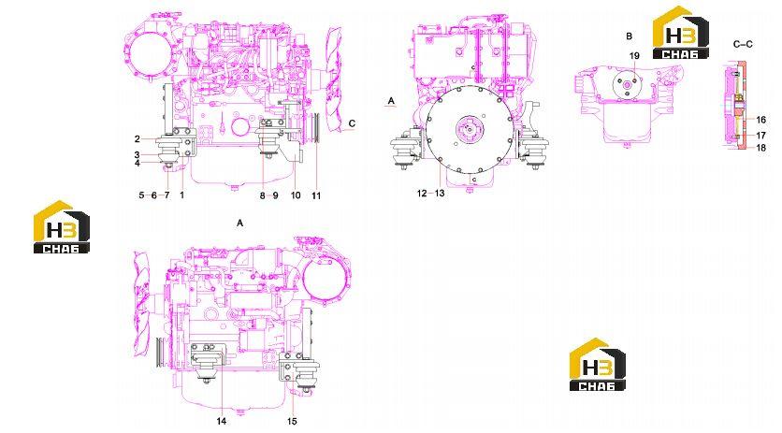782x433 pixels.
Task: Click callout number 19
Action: pyautogui.click(x=634, y=56)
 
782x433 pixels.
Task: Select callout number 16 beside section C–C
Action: pyautogui.click(x=760, y=120)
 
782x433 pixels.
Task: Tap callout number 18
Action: pyautogui.click(x=760, y=148)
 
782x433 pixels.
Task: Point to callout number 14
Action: pyautogui.click(x=222, y=422)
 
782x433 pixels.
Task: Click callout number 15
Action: pyautogui.click(x=292, y=422)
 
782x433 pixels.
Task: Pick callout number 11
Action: pyautogui.click(x=316, y=195)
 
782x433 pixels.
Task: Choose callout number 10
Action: pyautogui.click(x=296, y=195)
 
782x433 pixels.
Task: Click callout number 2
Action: pyautogui.click(x=138, y=139)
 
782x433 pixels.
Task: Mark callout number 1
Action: pyautogui.click(x=182, y=195)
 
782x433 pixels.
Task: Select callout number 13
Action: pyautogui.click(x=440, y=193)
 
